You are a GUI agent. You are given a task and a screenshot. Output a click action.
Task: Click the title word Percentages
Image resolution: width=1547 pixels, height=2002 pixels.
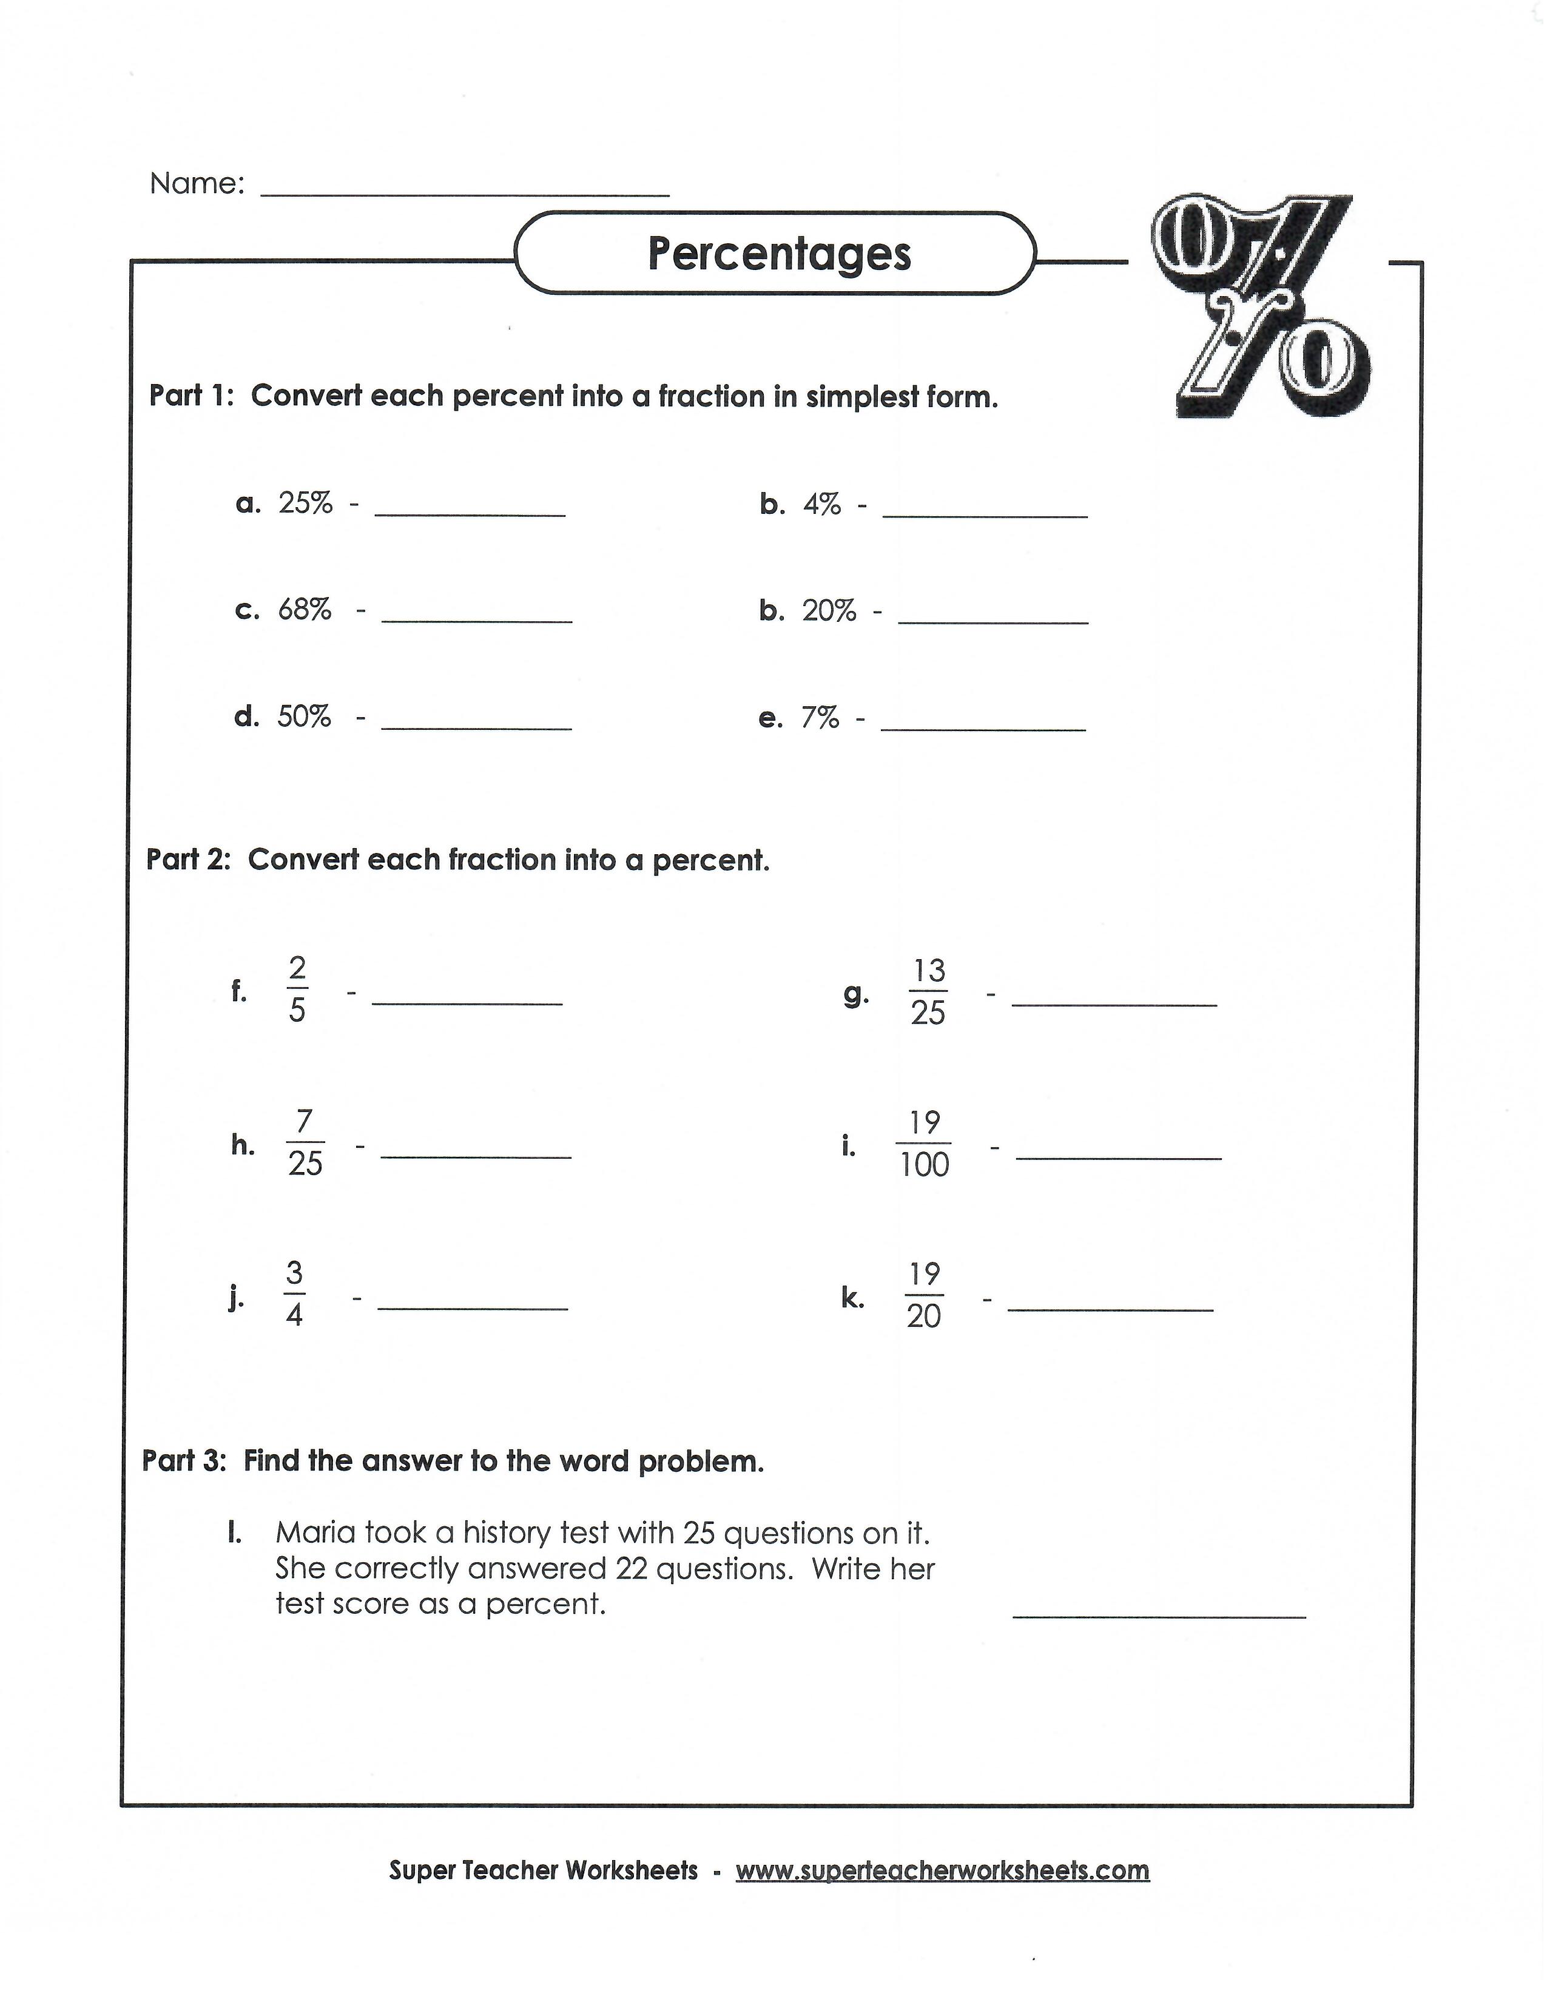[x=779, y=254]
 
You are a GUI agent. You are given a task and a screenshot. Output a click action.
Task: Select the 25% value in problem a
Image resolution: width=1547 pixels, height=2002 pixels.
[x=305, y=504]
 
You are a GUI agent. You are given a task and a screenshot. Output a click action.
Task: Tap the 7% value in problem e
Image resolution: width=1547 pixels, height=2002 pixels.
[x=820, y=718]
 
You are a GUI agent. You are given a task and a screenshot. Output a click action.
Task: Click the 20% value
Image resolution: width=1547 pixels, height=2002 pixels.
[x=829, y=610]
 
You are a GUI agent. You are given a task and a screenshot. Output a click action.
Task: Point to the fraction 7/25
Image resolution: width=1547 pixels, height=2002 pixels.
[x=305, y=1142]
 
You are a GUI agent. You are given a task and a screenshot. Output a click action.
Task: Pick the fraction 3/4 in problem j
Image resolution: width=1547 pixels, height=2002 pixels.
[x=294, y=1295]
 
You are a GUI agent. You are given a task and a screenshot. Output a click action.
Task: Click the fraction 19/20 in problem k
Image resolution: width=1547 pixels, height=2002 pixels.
[x=924, y=1295]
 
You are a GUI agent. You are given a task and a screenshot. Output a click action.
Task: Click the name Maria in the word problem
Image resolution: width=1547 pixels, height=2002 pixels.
[x=315, y=1532]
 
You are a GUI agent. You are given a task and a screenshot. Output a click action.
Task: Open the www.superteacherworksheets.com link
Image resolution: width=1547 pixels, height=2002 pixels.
[x=942, y=1870]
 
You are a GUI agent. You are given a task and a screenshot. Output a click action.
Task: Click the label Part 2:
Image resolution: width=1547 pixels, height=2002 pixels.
[x=188, y=860]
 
